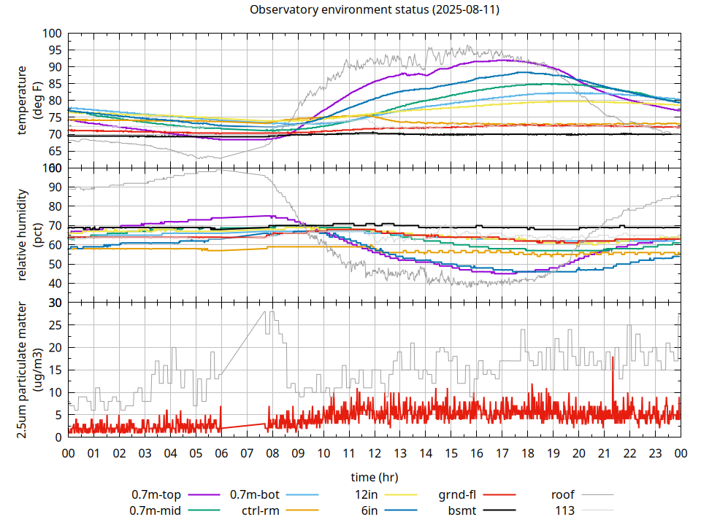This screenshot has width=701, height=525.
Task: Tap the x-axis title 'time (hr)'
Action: click(x=374, y=478)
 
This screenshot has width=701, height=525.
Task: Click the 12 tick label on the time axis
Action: click(x=374, y=453)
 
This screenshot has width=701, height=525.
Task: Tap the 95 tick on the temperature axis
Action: click(x=52, y=50)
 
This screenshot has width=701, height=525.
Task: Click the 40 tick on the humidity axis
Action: click(x=52, y=284)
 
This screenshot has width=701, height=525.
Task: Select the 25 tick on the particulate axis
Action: click(x=52, y=325)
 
